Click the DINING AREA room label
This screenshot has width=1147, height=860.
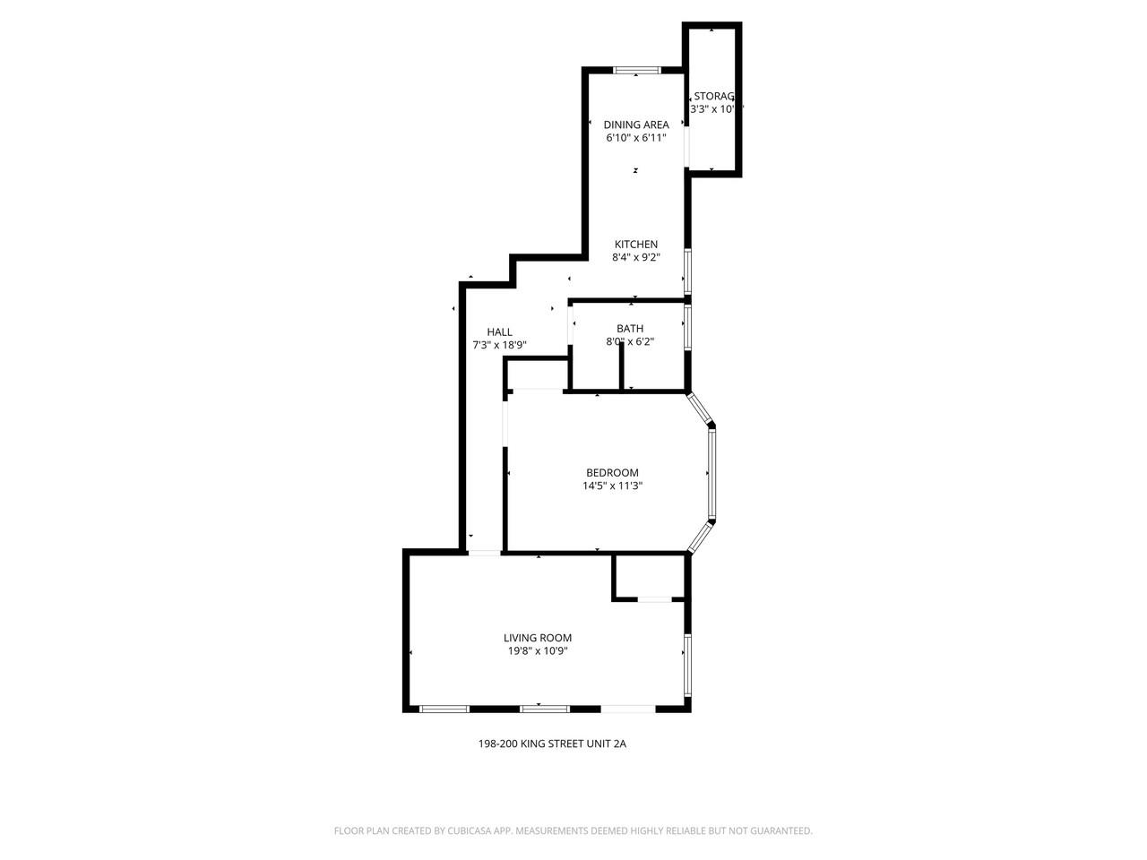pos(636,125)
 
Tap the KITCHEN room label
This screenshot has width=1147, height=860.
pos(636,244)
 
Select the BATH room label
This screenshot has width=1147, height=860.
pos(630,329)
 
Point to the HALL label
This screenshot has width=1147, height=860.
pos(499,331)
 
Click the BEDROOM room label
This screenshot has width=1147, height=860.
pos(612,473)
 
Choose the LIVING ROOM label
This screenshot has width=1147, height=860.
pos(538,638)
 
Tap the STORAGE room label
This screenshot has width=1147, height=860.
pos(713,96)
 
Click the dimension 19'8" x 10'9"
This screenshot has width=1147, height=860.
pos(538,651)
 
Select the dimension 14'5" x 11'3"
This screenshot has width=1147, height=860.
pos(613,486)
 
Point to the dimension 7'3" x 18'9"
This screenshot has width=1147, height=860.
pos(499,345)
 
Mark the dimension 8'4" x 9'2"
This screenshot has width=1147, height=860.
pos(636,258)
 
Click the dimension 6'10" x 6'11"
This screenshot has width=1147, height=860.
pos(636,138)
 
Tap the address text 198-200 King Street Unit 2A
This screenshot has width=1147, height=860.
pos(552,744)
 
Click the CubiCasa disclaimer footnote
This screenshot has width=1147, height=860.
pos(573,830)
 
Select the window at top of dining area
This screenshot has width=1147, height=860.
pos(637,70)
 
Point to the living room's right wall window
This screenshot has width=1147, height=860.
pos(687,666)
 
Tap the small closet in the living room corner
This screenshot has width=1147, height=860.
pos(650,576)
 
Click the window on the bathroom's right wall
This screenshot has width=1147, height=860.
pos(687,329)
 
